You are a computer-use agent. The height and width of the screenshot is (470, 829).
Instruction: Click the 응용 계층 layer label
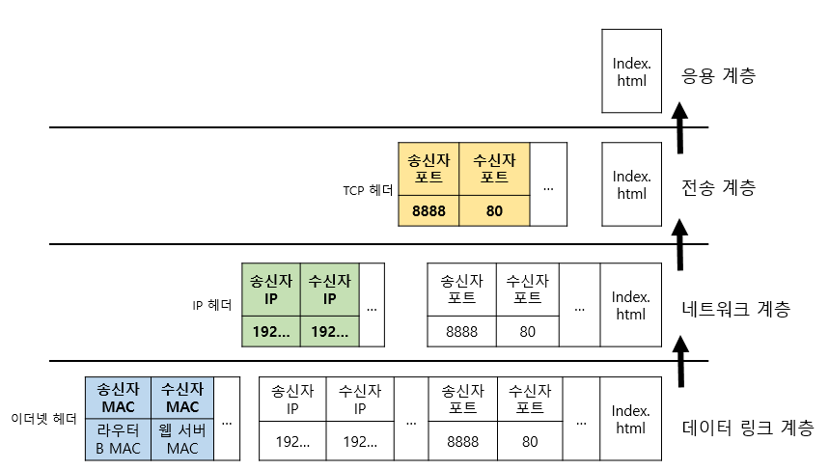pos(718,74)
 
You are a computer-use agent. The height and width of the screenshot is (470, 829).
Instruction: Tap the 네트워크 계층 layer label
pos(735,309)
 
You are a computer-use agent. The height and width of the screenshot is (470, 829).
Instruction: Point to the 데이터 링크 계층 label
pos(748,428)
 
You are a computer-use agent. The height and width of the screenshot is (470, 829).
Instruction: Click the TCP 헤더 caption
pos(368,190)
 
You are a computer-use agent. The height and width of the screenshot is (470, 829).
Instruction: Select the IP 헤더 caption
pos(212,306)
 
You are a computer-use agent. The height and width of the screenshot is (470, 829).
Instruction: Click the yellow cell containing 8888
pos(428,210)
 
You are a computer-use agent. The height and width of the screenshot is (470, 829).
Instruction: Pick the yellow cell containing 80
pos(495,210)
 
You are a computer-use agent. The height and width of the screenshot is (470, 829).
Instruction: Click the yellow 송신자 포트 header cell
pos(428,169)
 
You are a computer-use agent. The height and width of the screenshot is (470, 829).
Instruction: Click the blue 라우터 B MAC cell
pos(119,439)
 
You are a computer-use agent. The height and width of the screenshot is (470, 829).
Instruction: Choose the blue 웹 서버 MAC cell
pos(182,439)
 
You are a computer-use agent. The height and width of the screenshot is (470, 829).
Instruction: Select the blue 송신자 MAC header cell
pos(119,398)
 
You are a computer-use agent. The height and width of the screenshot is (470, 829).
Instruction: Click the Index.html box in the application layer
pos(631,70)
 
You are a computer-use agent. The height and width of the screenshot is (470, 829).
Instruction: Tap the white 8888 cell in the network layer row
pos(461,331)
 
